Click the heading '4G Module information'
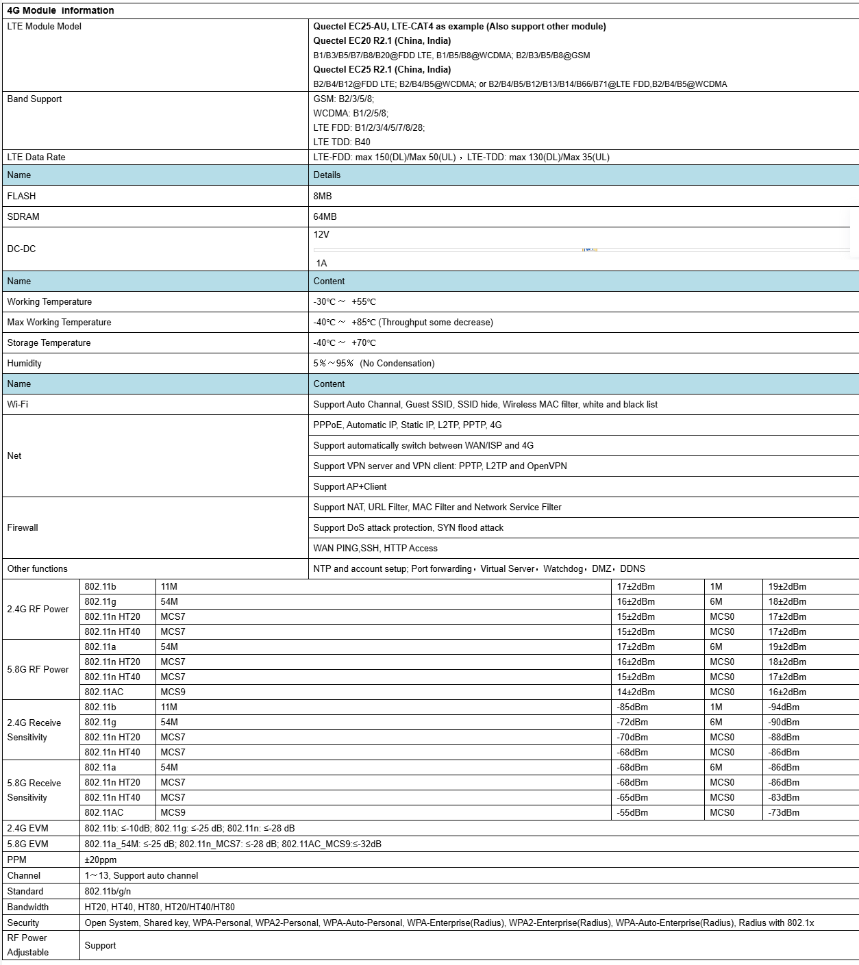click(60, 10)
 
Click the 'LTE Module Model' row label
click(44, 26)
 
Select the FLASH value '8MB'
click(323, 196)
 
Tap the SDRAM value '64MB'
click(325, 216)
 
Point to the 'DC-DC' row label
click(21, 249)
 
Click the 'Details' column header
click(327, 175)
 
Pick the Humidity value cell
click(374, 363)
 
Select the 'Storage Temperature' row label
click(49, 342)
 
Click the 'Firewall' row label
click(23, 527)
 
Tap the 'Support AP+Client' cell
click(350, 486)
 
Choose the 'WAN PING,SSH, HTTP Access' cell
click(375, 548)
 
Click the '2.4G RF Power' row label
click(38, 609)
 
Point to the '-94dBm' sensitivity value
click(784, 707)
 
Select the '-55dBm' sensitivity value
click(632, 812)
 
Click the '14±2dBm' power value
click(636, 692)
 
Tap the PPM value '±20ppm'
click(101, 860)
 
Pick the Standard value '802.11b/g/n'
click(108, 891)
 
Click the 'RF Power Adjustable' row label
click(27, 945)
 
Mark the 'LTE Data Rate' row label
click(36, 157)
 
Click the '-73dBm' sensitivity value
click(784, 812)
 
